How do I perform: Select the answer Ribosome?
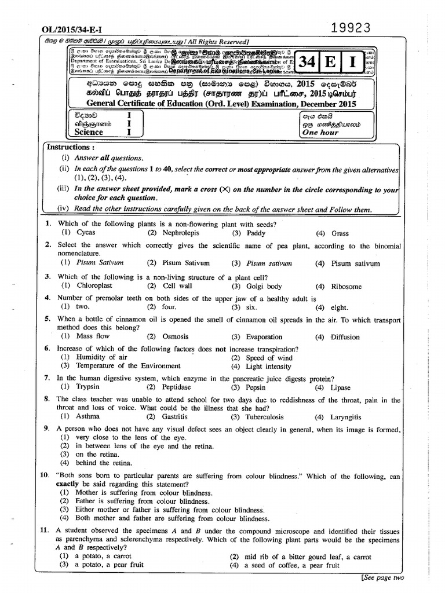(x=346, y=287)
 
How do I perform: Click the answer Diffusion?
(x=347, y=337)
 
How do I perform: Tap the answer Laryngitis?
(x=346, y=417)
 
